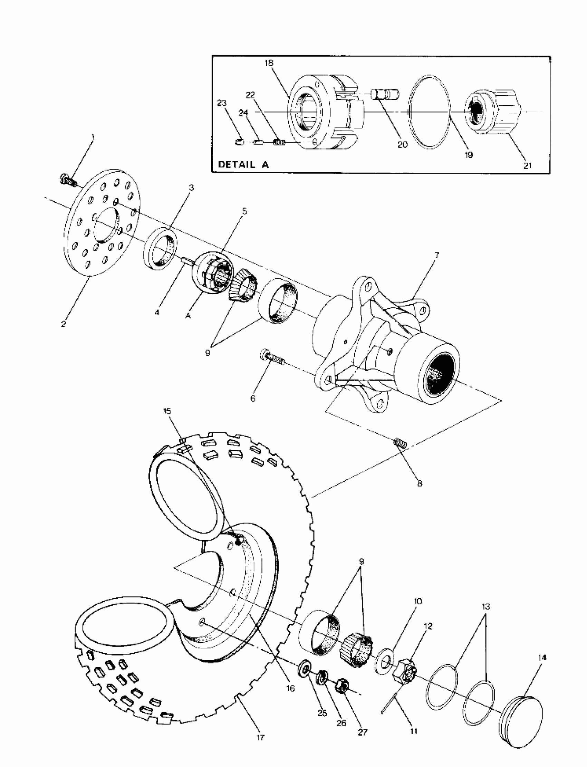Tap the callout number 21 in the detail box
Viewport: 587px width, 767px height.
(527, 165)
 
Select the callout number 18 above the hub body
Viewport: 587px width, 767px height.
(269, 63)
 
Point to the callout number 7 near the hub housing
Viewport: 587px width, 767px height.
(436, 255)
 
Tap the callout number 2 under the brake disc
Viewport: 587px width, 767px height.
(63, 324)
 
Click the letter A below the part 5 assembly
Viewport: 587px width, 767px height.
(188, 316)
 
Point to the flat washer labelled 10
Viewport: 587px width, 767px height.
(384, 660)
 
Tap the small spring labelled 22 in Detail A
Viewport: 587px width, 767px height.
(279, 142)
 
